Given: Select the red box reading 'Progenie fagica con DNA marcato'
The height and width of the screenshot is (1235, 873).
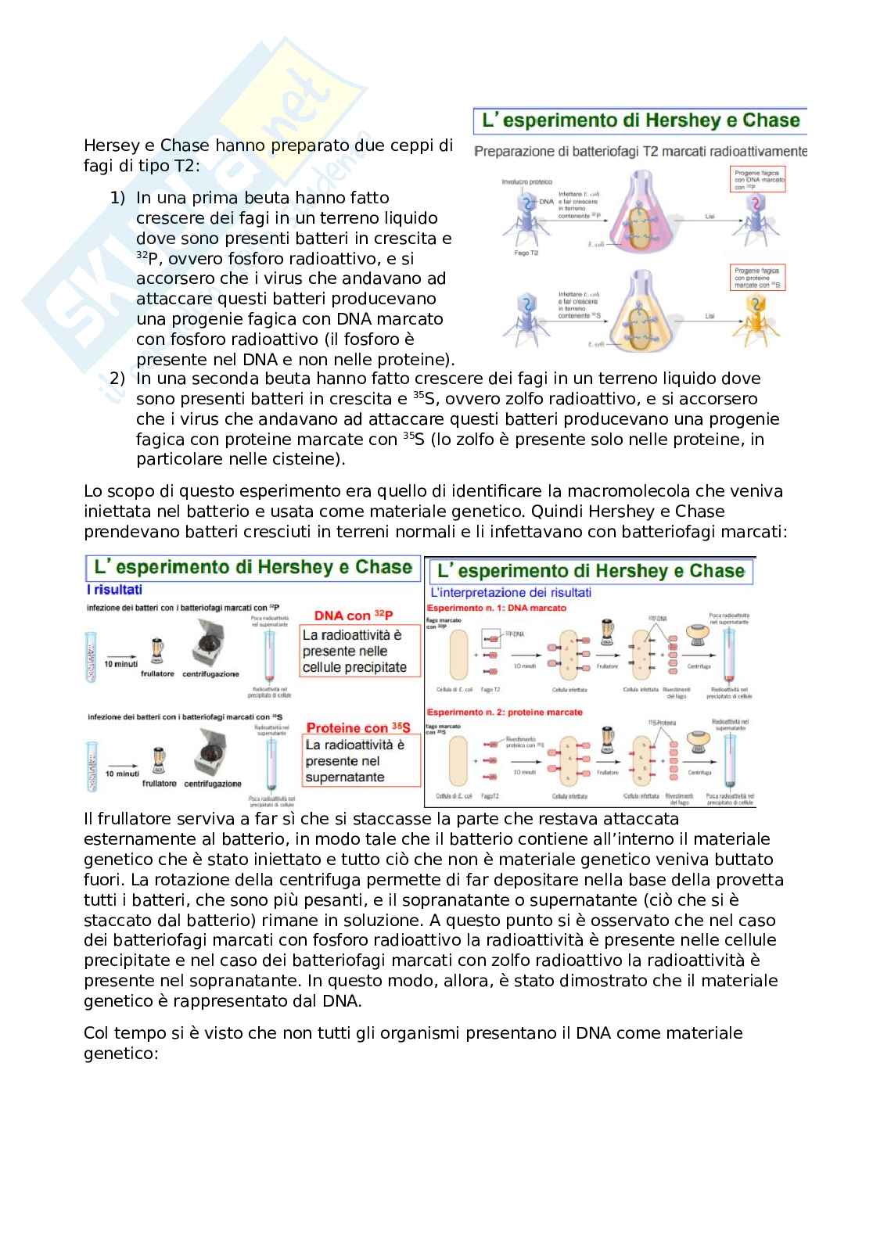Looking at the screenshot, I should click(758, 180).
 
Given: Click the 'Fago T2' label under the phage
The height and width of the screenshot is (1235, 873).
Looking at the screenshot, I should click(525, 253).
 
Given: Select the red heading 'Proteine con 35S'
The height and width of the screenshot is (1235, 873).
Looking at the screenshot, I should click(358, 728).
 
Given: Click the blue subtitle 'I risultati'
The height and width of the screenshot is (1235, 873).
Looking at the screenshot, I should click(115, 590).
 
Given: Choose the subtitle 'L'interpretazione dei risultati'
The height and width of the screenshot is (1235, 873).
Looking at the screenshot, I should click(511, 593).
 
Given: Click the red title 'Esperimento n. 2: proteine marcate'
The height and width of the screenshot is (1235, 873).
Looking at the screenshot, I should click(504, 713).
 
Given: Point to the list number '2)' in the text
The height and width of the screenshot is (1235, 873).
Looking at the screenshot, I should click(117, 379).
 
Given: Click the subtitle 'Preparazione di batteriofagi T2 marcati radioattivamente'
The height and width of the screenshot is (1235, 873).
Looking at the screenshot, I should click(640, 151).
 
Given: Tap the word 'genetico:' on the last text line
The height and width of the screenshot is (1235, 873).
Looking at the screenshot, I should click(120, 1054).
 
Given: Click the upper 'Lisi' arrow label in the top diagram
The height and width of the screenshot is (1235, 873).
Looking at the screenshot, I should click(710, 217).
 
